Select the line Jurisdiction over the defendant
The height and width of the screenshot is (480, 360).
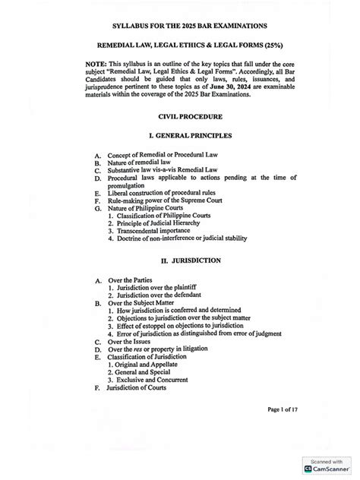[170, 297]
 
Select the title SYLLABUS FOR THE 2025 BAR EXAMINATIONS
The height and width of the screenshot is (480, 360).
[188, 25]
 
